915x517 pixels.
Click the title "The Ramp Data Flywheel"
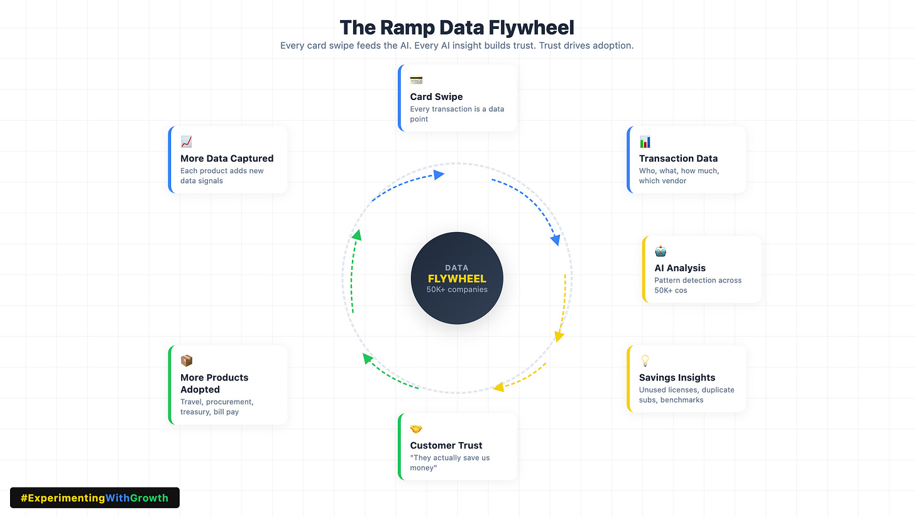457,28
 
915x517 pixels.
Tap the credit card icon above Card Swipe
416,80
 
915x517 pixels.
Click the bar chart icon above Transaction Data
645,142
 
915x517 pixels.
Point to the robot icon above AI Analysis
660,251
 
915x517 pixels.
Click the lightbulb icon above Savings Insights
645,360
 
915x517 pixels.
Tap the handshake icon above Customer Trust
416,429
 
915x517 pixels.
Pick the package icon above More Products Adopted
187,360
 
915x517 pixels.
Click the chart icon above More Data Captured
187,142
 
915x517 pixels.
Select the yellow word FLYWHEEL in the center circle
457,279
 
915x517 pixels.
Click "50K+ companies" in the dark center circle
457,289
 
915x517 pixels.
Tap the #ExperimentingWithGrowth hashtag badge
95,498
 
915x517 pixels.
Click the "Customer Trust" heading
446,445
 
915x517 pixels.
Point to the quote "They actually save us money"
450,463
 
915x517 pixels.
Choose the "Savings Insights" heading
677,377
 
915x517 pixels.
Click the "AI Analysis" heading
680,268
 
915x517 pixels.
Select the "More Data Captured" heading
227,158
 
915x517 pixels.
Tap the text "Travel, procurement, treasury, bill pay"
217,406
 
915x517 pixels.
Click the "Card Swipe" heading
436,97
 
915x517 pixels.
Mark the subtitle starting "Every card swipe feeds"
457,46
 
